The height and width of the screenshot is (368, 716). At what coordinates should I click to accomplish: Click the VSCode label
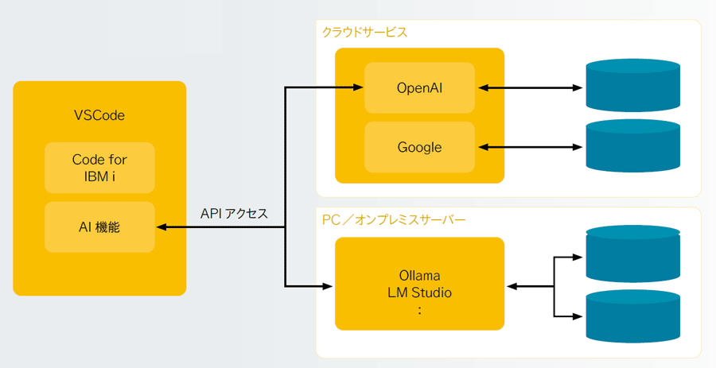pos(99,115)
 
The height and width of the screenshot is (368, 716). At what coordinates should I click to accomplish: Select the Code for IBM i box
pos(99,168)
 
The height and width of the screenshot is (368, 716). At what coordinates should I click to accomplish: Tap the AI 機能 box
pos(99,227)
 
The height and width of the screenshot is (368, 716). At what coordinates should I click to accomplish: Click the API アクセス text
pos(234,214)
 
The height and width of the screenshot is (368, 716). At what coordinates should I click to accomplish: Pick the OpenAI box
pos(419,87)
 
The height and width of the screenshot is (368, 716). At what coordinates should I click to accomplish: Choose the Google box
pos(419,147)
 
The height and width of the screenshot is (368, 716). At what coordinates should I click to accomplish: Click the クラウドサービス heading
pos(365,33)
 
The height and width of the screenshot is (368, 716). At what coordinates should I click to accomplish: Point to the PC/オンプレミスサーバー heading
pos(394,220)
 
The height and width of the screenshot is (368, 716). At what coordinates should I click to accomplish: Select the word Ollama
pos(419,276)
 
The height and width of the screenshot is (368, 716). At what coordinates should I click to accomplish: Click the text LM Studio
pos(419,292)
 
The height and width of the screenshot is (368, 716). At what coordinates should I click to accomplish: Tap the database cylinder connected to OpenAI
pos(633,85)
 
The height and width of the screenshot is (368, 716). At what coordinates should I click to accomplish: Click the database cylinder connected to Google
pos(633,146)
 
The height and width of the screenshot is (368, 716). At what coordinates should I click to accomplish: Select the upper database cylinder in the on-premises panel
pos(633,254)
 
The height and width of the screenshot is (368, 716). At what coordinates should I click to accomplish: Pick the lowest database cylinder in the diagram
pos(633,316)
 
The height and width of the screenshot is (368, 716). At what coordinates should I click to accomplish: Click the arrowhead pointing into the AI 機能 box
pos(161,227)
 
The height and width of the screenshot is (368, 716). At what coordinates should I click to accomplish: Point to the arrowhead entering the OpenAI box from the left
pos(358,87)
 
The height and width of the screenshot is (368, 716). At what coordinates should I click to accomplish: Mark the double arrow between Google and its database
pos(530,147)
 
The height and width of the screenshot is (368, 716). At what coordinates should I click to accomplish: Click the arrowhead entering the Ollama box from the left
pos(328,286)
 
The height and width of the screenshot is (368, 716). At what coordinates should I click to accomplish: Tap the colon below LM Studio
pos(419,310)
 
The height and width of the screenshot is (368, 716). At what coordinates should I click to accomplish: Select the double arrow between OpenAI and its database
pos(530,87)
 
